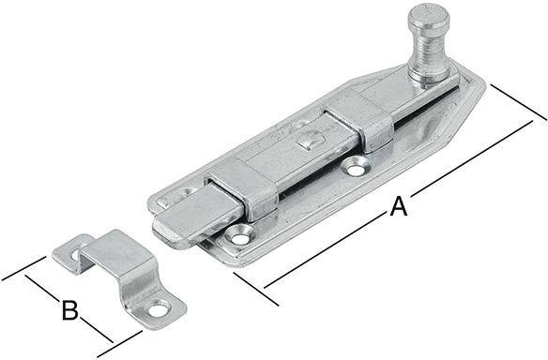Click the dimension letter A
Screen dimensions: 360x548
(x=399, y=207)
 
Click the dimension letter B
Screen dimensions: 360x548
(x=68, y=310)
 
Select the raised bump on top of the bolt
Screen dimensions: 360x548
(x=307, y=142)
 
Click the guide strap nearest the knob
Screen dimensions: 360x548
(x=361, y=123)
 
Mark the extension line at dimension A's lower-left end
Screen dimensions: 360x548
(x=253, y=290)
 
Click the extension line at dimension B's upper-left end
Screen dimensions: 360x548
(x=23, y=268)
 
